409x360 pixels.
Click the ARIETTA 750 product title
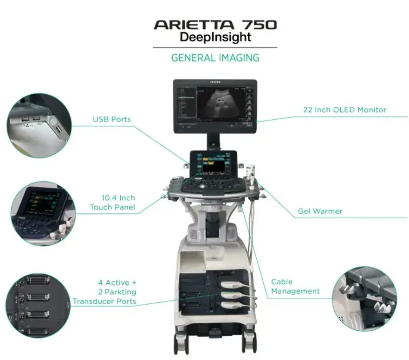click(215, 25)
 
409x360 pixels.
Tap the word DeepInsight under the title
click(215, 37)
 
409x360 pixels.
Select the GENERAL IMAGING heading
click(215, 58)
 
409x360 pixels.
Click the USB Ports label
click(111, 119)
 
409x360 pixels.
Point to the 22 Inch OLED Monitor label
click(344, 110)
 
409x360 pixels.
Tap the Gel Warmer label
click(320, 211)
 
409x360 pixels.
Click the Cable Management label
click(295, 287)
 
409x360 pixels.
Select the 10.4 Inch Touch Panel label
click(113, 203)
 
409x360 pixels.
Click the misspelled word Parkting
click(120, 292)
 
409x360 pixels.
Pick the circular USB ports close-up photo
click(39, 125)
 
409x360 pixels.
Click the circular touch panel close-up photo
click(43, 214)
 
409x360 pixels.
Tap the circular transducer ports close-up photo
click(38, 306)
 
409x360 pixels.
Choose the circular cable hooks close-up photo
click(364, 299)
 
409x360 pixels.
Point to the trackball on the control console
click(202, 187)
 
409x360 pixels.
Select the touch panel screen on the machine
click(214, 164)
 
